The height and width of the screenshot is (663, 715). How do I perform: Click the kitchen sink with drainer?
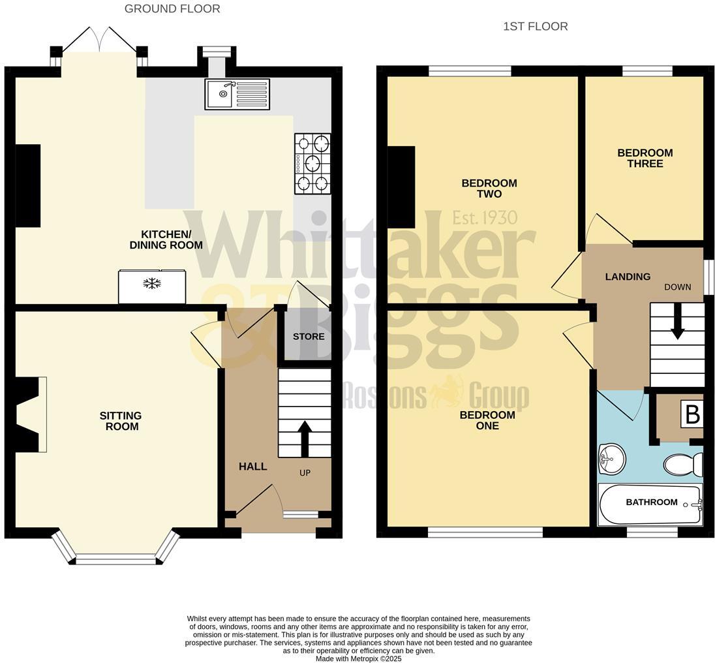tap(237, 93)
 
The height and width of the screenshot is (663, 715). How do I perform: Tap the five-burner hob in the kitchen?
tap(312, 163)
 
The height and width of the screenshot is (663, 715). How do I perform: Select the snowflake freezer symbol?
tap(152, 284)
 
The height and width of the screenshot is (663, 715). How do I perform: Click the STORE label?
tap(309, 337)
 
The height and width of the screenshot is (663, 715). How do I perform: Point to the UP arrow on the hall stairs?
tap(304, 438)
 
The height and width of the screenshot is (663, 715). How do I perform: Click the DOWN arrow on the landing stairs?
tap(678, 324)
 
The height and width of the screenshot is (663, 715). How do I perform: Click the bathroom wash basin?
tap(611, 459)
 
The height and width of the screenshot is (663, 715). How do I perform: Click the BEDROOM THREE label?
tap(645, 159)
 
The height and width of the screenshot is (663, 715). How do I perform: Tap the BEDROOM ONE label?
tap(487, 420)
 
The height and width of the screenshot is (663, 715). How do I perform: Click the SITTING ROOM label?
tap(121, 421)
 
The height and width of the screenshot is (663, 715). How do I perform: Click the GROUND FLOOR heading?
tap(172, 8)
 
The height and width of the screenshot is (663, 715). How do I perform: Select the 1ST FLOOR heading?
tap(535, 26)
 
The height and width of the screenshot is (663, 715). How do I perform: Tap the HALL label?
tap(252, 467)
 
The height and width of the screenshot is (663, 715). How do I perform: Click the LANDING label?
tap(628, 277)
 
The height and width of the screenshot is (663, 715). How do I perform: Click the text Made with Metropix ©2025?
tap(358, 658)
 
